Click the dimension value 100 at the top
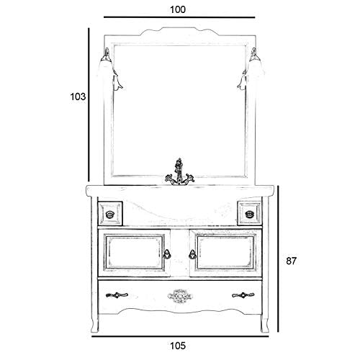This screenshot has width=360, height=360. tap(178, 9)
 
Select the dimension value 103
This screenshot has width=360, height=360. tap(78, 96)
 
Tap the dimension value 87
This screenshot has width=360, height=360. tap(292, 261)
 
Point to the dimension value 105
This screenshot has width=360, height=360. tap(178, 346)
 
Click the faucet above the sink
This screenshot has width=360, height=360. tap(179, 172)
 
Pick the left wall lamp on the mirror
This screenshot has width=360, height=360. tap(111, 70)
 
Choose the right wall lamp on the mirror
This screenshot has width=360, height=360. tap(250, 69)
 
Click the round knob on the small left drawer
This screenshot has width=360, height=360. tap(110, 215)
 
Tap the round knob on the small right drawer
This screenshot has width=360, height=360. tap(249, 214)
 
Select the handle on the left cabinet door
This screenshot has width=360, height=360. tap(167, 254)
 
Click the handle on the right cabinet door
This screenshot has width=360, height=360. tap(192, 254)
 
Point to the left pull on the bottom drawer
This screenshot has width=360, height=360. tap(117, 295)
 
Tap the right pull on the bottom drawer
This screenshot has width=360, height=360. tap(243, 295)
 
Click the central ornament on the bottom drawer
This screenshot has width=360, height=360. tap(180, 295)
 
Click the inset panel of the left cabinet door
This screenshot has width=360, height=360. tap(135, 253)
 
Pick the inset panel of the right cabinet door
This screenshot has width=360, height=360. tap(225, 253)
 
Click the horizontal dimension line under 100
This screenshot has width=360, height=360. tap(179, 17)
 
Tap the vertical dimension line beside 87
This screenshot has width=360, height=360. tap(278, 258)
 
